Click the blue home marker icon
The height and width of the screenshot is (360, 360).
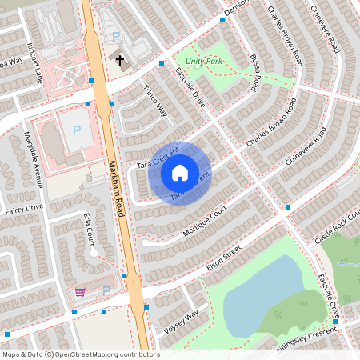point(180,173)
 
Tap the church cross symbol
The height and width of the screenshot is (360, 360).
point(121,61)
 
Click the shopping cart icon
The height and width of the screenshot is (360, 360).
point(80,291)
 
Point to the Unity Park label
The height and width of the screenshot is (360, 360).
point(203,61)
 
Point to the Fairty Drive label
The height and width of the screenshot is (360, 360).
point(24,207)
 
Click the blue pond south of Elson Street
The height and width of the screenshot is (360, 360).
point(256,296)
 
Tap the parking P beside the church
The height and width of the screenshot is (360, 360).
point(116,37)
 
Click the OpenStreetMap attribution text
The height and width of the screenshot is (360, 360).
point(80,354)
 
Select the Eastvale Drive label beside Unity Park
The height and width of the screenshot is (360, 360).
point(190,87)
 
